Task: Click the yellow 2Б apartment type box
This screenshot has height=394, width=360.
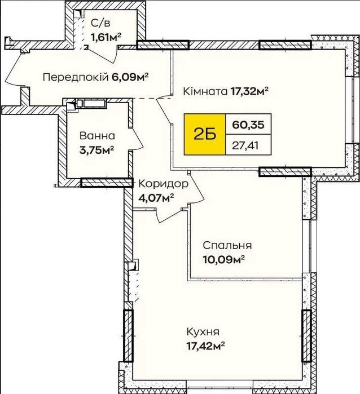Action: (x=205, y=134)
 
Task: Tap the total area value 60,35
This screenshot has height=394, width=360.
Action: (x=248, y=124)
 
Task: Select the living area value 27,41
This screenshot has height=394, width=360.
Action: (x=245, y=145)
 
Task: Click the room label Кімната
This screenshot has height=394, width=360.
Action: (x=205, y=91)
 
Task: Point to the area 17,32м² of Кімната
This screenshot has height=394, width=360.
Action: (x=249, y=91)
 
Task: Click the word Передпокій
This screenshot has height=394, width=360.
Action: (x=76, y=77)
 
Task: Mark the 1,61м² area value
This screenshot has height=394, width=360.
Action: (x=106, y=38)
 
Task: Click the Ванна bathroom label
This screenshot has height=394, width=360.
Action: (x=97, y=136)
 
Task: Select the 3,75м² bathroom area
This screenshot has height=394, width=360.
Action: (x=97, y=150)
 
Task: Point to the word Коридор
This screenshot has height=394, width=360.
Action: (x=164, y=184)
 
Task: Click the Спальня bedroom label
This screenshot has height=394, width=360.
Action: (x=227, y=245)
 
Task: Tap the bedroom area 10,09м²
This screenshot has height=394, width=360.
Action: (x=224, y=260)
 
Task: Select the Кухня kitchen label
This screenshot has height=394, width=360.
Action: (x=203, y=332)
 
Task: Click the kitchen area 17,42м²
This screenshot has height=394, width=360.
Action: (x=205, y=346)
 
